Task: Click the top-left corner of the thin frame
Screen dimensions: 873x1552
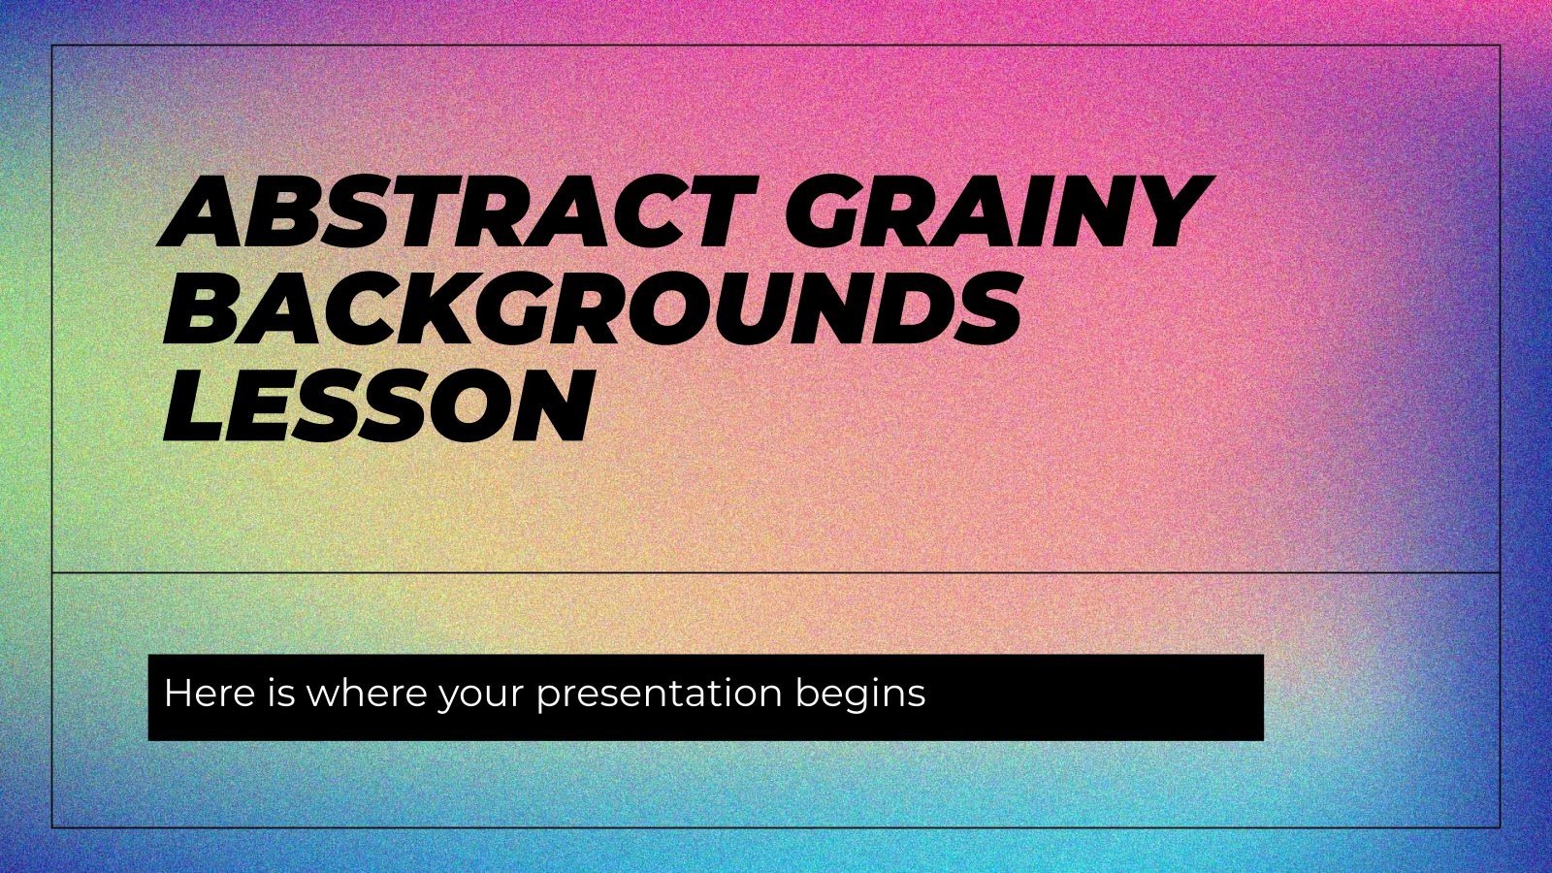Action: [x=52, y=46]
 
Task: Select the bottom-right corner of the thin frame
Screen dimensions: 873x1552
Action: [x=1500, y=827]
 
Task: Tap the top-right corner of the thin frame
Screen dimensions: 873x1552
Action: [x=1500, y=46]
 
